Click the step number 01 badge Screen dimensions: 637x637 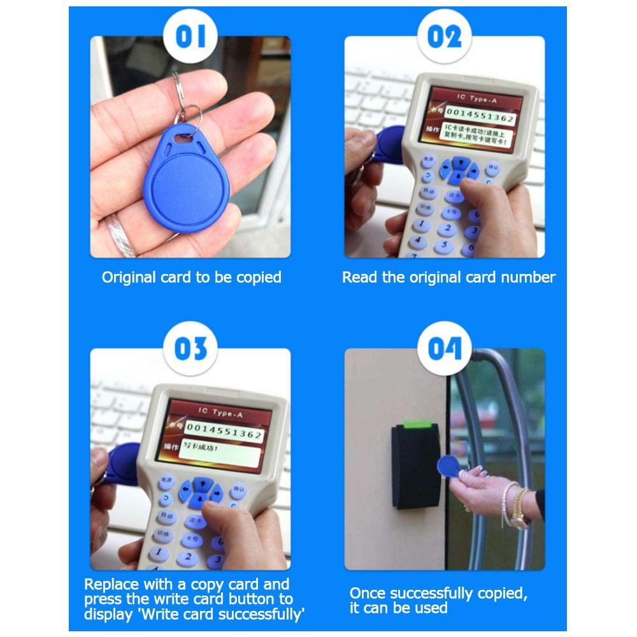[x=190, y=36]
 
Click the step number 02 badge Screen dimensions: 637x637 [x=444, y=36]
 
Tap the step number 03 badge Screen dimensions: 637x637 [x=190, y=349]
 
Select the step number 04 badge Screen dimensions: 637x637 [x=444, y=349]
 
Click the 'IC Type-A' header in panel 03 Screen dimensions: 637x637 [x=220, y=414]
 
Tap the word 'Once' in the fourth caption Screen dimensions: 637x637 [x=368, y=594]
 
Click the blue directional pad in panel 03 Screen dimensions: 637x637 [x=199, y=492]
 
